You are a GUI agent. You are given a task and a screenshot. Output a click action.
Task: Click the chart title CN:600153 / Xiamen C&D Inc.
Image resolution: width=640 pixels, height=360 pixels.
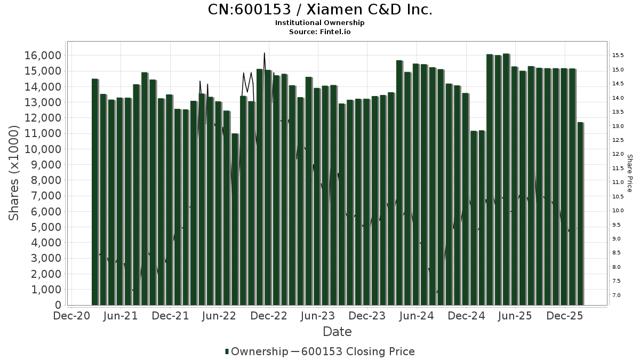[x=319, y=10]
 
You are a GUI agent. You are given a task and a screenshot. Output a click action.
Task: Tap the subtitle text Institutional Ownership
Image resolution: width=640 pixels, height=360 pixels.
[x=319, y=23]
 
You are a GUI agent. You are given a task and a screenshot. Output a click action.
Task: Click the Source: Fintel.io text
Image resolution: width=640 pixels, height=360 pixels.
[x=319, y=31]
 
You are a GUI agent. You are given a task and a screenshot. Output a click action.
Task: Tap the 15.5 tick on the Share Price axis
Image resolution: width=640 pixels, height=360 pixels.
[x=618, y=55]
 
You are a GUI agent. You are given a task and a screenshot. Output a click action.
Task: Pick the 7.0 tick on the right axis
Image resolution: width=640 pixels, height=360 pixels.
[x=617, y=295]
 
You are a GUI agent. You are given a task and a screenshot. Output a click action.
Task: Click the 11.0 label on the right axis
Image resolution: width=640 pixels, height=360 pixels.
[x=618, y=182]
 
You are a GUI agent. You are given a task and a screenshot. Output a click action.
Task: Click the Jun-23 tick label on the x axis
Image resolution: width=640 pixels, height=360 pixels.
[x=318, y=316]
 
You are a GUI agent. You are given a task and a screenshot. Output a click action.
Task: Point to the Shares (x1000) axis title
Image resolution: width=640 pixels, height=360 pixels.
[x=15, y=173]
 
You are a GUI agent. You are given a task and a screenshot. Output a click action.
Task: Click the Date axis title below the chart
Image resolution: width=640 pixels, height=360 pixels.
[x=337, y=332]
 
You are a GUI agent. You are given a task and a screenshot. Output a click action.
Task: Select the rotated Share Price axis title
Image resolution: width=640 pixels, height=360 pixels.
[x=629, y=173]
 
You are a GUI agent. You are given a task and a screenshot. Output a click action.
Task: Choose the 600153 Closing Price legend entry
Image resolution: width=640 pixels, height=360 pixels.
[x=357, y=351]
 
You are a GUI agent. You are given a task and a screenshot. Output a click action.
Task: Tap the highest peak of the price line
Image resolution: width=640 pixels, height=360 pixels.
[x=265, y=53]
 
